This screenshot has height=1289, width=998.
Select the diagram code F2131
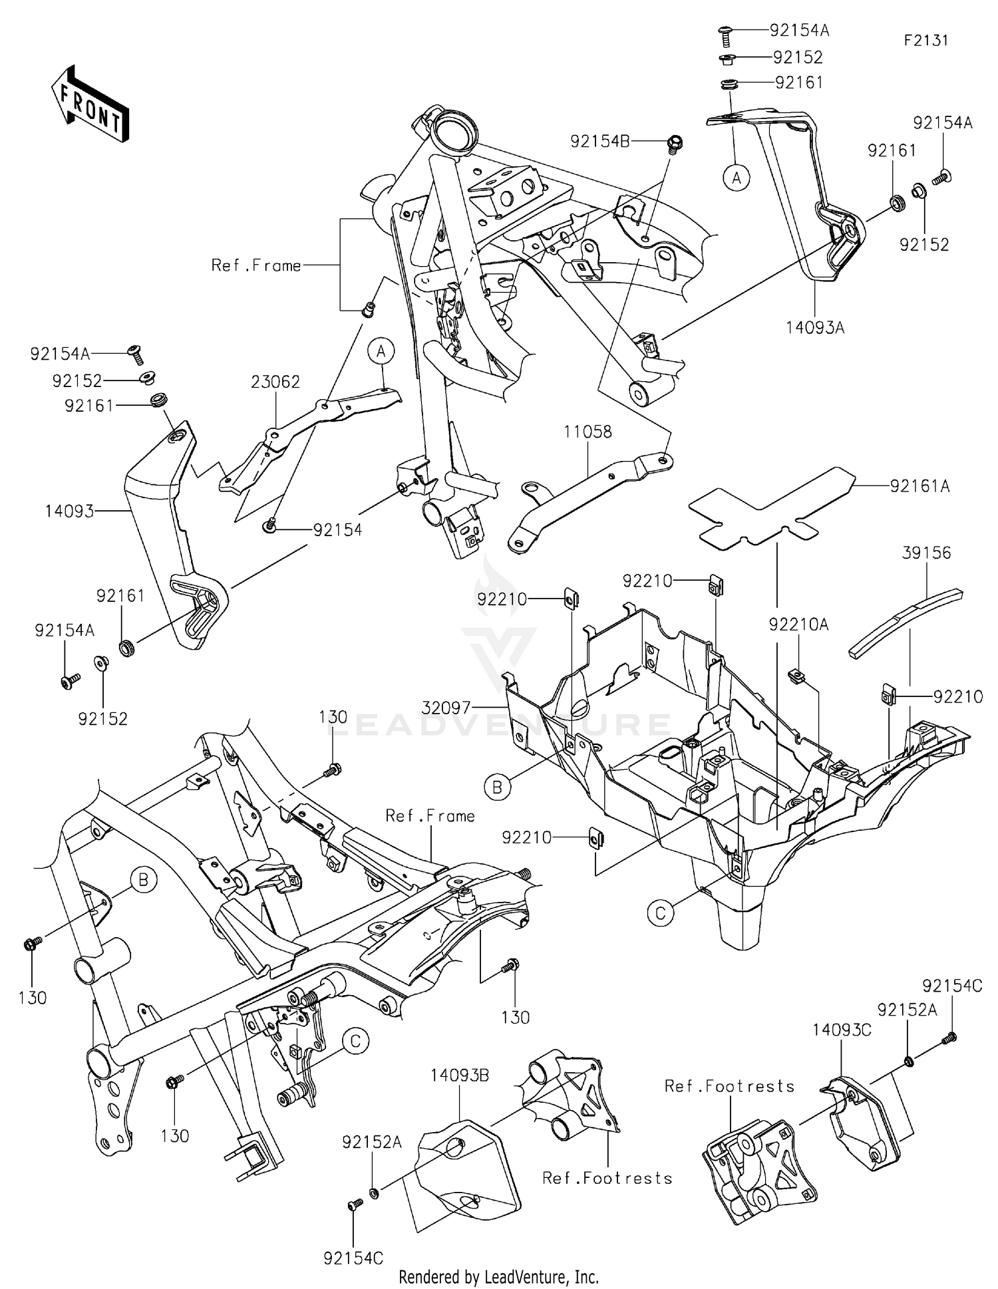925,40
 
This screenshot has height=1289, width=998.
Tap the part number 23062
275,382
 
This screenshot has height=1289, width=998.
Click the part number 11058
587,432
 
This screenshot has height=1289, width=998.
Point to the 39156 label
926,553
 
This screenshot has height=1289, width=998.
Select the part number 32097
446,708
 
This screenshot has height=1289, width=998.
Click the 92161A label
920,487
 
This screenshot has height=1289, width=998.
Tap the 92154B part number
600,141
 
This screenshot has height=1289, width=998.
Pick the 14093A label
815,327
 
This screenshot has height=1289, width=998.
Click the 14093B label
460,1075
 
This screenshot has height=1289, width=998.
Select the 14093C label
842,1030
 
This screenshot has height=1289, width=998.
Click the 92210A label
798,625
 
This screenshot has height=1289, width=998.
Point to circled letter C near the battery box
660,913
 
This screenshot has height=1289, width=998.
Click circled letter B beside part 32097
497,788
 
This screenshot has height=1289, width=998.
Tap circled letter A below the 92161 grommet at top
737,178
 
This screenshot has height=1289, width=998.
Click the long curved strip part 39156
905,619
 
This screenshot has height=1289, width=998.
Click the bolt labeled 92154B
675,143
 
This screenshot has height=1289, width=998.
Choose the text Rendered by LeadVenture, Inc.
498,1276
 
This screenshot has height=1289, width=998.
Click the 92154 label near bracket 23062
338,530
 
